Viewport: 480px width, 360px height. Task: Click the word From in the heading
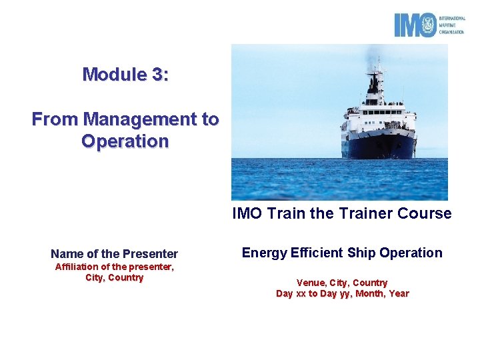coord(55,119)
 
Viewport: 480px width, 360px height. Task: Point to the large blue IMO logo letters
coord(414,25)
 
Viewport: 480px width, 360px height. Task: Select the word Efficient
coord(317,253)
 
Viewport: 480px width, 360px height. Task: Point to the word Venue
coord(311,283)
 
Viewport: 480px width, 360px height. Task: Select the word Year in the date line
coord(398,294)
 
